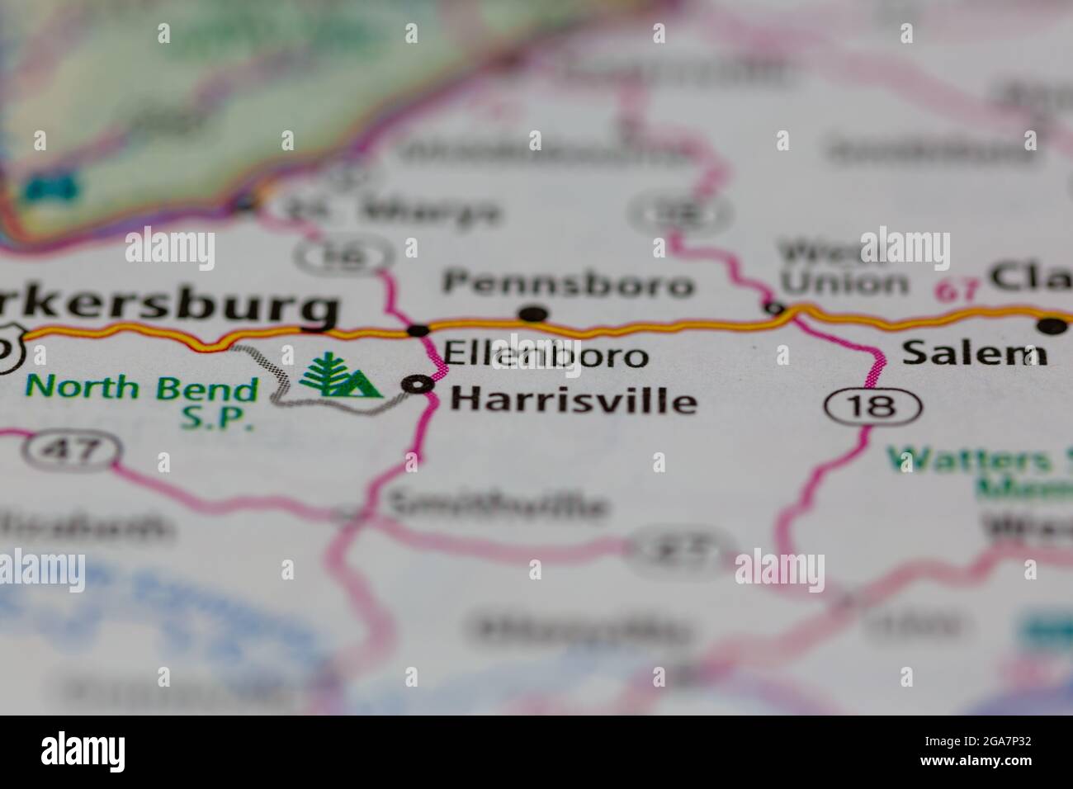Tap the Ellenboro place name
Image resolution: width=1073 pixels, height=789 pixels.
tap(546, 356)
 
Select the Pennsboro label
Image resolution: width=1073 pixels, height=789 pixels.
tap(569, 284)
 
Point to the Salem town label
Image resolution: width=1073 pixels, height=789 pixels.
tap(974, 353)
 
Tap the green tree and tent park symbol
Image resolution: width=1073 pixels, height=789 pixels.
tap(338, 378)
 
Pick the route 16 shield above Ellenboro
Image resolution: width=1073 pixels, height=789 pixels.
tap(343, 257)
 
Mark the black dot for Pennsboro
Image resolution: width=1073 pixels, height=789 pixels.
tap(534, 314)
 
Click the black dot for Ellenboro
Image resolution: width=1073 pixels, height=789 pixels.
tap(418, 330)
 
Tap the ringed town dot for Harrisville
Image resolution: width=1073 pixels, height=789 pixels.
tap(422, 384)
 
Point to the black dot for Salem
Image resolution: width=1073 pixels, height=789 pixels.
tap(1052, 326)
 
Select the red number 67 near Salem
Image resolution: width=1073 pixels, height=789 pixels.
tap(957, 291)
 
